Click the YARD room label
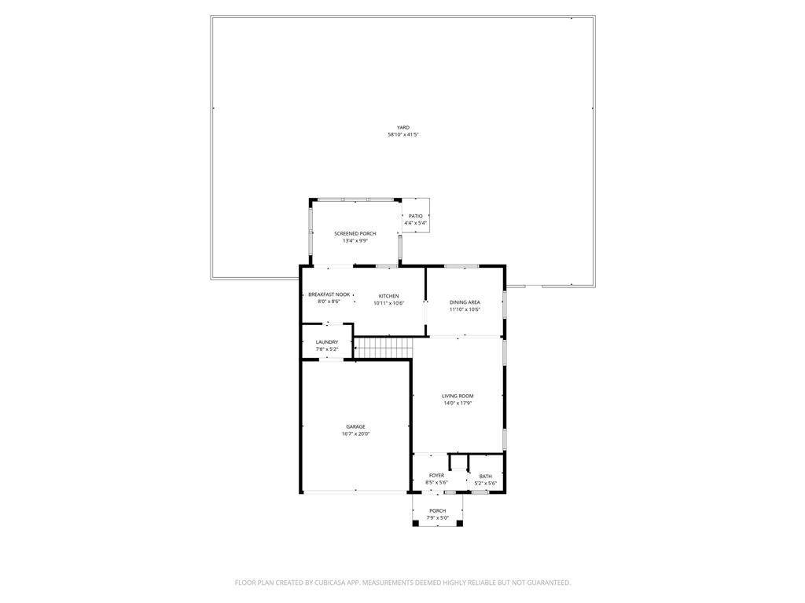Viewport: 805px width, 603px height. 402,127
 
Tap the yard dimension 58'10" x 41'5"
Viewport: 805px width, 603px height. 402,135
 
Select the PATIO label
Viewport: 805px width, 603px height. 415,216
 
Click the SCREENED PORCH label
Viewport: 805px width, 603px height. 355,233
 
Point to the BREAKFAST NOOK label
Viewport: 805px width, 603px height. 329,294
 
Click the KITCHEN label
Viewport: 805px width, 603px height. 388,296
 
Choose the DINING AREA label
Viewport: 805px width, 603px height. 465,302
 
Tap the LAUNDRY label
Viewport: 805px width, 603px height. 327,342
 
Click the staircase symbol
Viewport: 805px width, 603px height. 384,346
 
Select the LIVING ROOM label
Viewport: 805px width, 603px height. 458,396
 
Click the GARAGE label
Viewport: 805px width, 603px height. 355,426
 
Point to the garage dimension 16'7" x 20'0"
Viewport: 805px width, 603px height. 355,434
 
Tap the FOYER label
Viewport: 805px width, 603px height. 436,475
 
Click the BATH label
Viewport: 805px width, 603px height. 486,476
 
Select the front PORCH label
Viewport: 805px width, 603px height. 437,510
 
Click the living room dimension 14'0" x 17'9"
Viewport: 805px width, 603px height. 458,404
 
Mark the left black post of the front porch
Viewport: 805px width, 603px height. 416,523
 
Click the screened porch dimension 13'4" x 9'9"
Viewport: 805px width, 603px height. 355,241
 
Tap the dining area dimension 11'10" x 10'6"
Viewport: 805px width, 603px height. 465,309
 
